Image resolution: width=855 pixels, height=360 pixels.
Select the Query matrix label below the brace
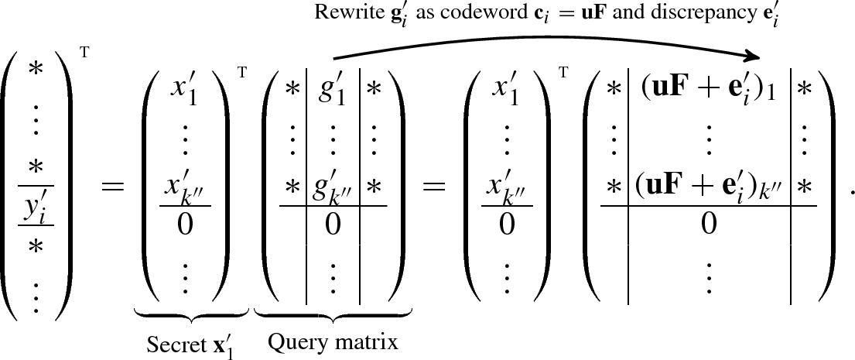click(x=333, y=341)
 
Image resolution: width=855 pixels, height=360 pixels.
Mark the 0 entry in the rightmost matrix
click(x=709, y=225)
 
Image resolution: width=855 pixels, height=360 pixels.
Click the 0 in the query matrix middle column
click(x=333, y=225)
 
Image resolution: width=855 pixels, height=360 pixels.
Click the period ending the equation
click(x=849, y=193)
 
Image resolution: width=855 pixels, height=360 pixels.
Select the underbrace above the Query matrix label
click(x=333, y=315)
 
